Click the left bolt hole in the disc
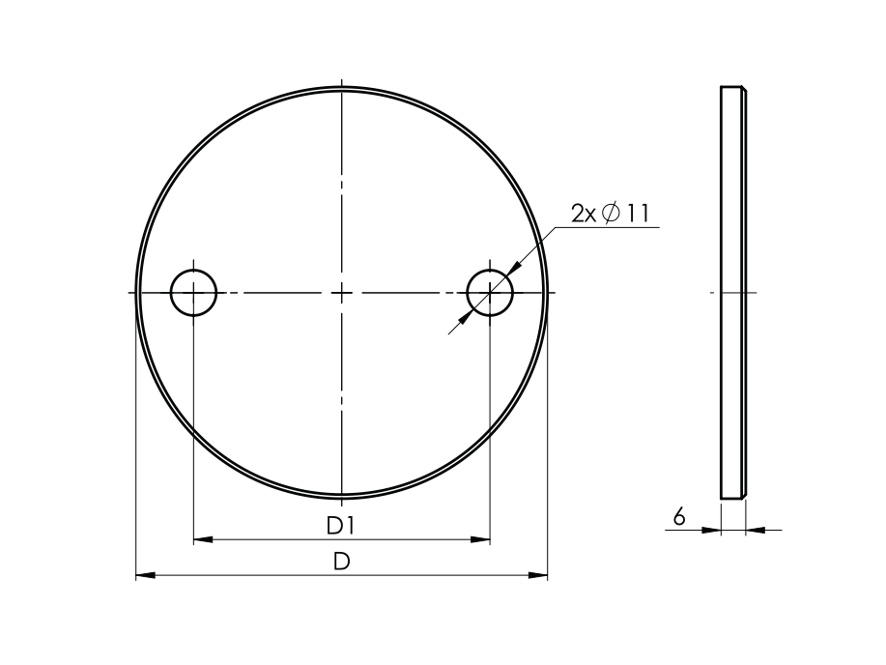193,292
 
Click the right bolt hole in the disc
490,292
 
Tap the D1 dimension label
341,526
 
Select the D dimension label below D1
341,562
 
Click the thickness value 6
679,518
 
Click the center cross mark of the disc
342,292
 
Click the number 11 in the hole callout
638,214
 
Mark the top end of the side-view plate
733,89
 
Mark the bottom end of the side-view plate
733,497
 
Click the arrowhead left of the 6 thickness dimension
712,529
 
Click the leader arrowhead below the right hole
471,311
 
